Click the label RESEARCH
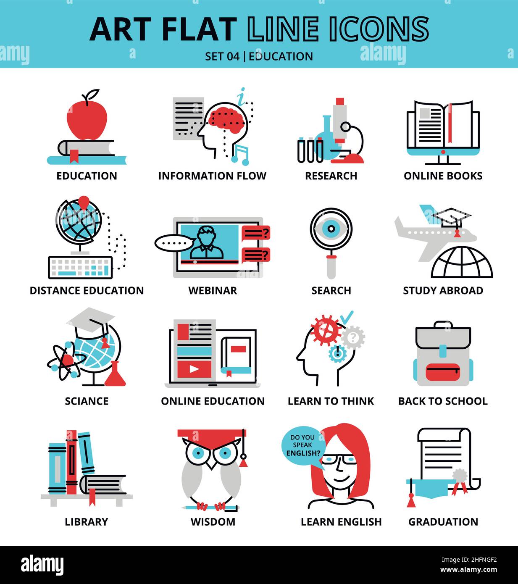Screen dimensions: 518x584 coord(331,176)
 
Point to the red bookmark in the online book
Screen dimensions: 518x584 coord(450,124)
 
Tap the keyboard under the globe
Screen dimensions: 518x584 coord(80,267)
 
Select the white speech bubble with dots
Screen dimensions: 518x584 coord(174,243)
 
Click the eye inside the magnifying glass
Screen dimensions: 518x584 coord(331,229)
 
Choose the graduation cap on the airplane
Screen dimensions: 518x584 coord(451,218)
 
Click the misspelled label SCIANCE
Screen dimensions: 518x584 coord(87,401)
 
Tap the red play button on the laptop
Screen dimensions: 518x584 coord(194,368)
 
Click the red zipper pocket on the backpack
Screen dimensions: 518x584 coord(443,372)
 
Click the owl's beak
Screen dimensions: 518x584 coord(212,464)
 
